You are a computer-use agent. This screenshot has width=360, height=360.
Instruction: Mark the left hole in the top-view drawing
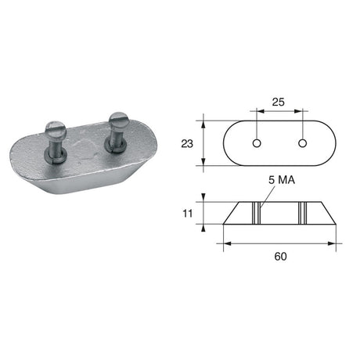coord(257,143)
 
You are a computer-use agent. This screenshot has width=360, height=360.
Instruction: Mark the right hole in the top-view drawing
coord(301,143)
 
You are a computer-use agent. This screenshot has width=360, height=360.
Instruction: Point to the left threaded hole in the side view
coord(256,211)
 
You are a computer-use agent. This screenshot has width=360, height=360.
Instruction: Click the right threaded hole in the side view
coord(302,211)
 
